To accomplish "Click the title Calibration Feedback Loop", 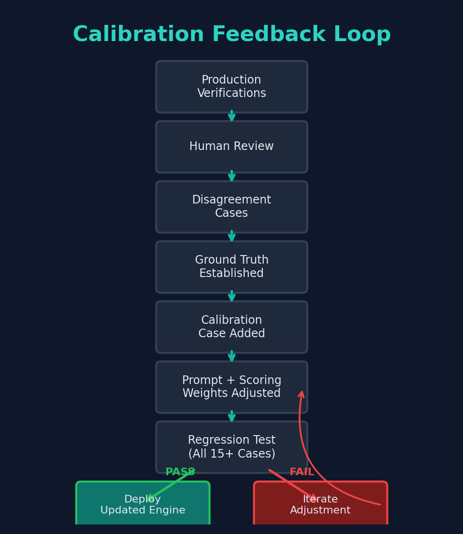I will [x=231, y=35].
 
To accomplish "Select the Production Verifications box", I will [x=231, y=87].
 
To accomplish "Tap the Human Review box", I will [x=231, y=147].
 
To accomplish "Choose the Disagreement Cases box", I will [x=231, y=207].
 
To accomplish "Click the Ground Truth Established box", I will [x=231, y=267].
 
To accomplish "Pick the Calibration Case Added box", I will [x=231, y=327].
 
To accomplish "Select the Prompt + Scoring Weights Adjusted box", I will [x=231, y=387].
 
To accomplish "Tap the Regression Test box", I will [x=231, y=447].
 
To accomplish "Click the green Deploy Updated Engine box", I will [x=142, y=505].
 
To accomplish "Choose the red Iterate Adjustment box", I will [x=320, y=505].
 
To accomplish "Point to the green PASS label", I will [x=180, y=472].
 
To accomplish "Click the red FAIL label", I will [x=302, y=472].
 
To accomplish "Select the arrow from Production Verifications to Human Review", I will [x=232, y=117].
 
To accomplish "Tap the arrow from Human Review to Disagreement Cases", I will [x=232, y=177].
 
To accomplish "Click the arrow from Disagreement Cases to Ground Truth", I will [x=232, y=237].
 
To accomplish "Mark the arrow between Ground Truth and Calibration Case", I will [x=232, y=297].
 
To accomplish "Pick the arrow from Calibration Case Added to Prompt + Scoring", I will [x=232, y=357].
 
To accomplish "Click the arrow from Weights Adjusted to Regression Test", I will [x=232, y=417].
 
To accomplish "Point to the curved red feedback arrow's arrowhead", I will [x=301, y=395].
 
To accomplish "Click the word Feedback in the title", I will [x=269, y=35].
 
